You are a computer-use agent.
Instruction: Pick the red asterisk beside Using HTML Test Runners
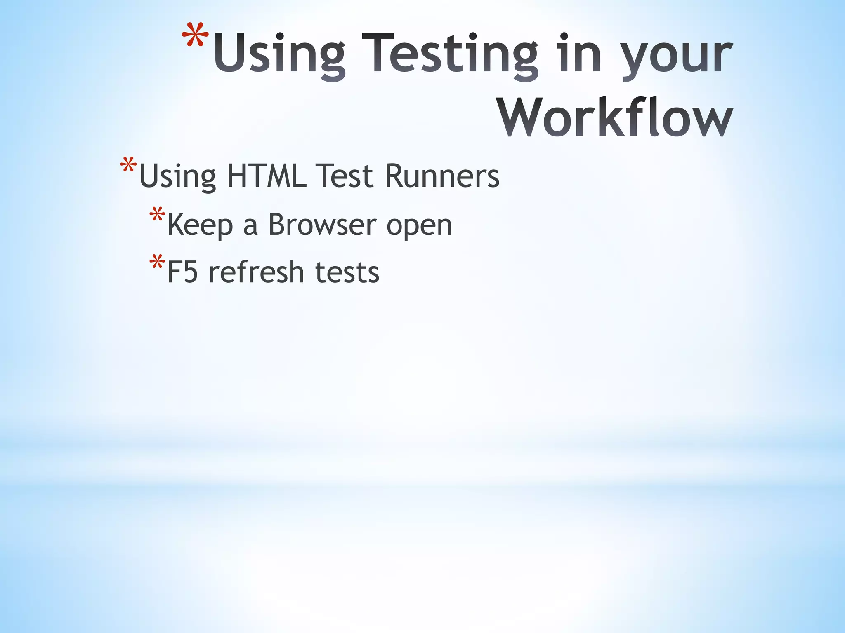coord(128,166)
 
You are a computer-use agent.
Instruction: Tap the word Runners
coord(442,176)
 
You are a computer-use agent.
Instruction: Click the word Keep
coord(200,225)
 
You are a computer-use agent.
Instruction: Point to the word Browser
coord(322,225)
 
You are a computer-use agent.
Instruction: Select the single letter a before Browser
coord(250,227)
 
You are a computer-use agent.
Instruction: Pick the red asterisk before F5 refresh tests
coord(157,263)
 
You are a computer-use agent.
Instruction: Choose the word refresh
coord(256,272)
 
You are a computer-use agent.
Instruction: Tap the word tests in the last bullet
coord(347,273)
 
